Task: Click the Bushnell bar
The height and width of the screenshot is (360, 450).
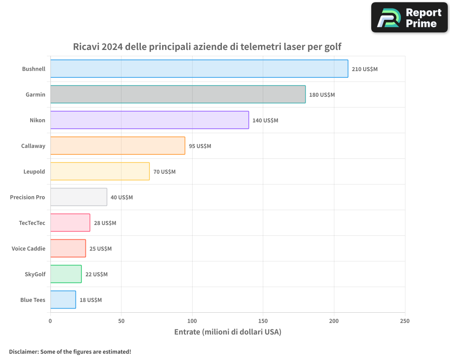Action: (x=199, y=69)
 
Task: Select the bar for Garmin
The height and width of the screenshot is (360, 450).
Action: (x=178, y=94)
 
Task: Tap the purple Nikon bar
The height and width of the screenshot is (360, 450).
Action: (x=149, y=120)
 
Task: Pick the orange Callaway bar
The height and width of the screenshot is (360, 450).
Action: (x=117, y=146)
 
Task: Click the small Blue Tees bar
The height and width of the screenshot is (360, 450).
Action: (x=63, y=300)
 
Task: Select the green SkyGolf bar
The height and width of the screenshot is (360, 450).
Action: (x=66, y=274)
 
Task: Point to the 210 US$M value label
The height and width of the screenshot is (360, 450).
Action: (x=364, y=69)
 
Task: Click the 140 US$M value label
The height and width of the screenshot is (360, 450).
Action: (x=265, y=121)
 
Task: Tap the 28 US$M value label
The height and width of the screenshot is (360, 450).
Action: (x=105, y=223)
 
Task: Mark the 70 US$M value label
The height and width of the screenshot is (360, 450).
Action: (x=164, y=172)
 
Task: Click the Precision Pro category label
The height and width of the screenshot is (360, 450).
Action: (x=27, y=197)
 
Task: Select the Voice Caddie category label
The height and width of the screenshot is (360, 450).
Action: (x=28, y=248)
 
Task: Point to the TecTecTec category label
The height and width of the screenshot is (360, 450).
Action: (x=32, y=223)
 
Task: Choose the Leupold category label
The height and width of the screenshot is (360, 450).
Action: (x=34, y=171)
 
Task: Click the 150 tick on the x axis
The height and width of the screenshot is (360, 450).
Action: (x=263, y=321)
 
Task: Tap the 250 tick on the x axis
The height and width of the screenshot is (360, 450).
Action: (x=405, y=321)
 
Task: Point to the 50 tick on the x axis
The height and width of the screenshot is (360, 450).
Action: (x=121, y=321)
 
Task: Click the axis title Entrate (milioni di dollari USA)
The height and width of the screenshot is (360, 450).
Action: (x=227, y=332)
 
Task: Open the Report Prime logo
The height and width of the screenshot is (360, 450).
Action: (x=409, y=18)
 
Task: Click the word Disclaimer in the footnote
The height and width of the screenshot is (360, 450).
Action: (x=23, y=351)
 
